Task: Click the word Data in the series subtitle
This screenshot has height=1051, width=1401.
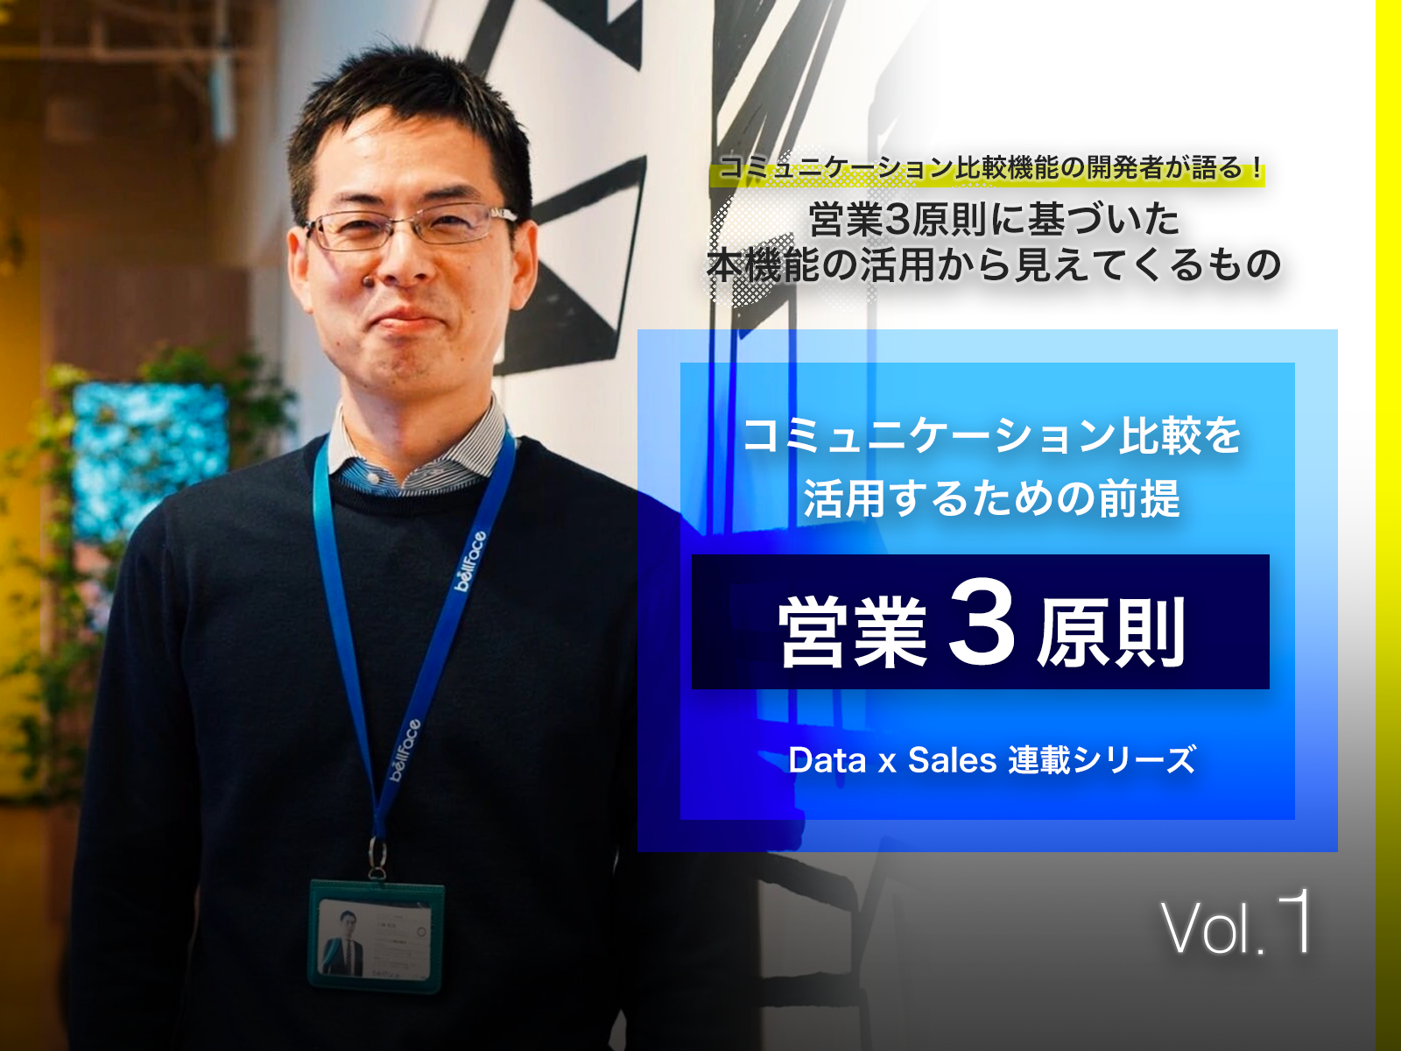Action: [x=827, y=760]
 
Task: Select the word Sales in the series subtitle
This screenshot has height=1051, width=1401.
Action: [x=952, y=760]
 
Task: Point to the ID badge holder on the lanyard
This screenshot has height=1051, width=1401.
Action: [x=376, y=935]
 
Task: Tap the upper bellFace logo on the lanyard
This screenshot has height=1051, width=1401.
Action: [x=470, y=561]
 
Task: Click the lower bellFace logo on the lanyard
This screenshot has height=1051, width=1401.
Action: [x=405, y=750]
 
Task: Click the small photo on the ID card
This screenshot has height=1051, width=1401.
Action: [x=342, y=943]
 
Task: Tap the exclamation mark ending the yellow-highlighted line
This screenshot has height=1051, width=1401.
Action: [x=1257, y=168]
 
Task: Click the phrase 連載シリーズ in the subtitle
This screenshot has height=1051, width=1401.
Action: [x=1102, y=760]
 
